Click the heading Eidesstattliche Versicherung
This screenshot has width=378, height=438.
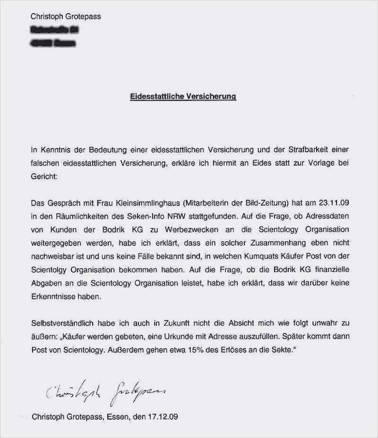pyautogui.click(x=183, y=96)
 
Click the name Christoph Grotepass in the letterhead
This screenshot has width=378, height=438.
pyautogui.click(x=66, y=17)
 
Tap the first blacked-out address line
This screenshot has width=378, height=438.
pyautogui.click(x=54, y=30)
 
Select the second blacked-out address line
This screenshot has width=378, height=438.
pyautogui.click(x=52, y=44)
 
